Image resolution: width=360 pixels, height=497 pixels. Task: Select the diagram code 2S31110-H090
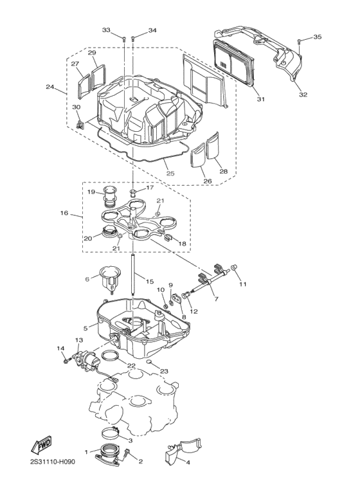tap(57, 480)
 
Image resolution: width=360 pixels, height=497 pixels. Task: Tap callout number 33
tap(106, 30)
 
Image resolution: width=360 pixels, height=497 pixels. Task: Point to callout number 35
tap(317, 38)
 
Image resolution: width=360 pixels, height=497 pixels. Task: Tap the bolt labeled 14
tap(67, 361)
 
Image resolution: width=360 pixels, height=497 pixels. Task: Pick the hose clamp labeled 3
tap(113, 433)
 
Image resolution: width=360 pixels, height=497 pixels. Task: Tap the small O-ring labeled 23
tap(148, 363)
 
